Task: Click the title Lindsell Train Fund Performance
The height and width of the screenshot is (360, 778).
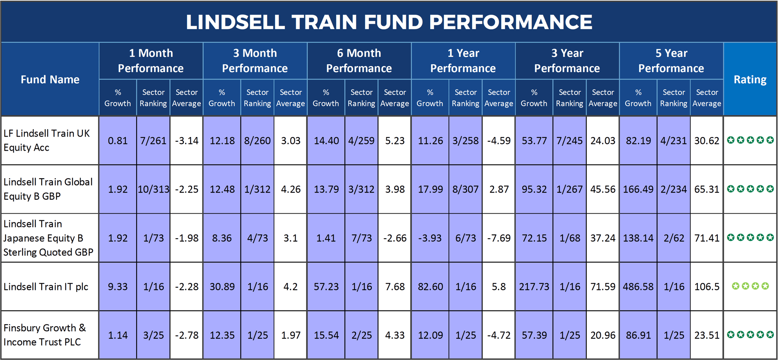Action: [389, 22]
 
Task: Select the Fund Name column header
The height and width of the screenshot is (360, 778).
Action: [50, 79]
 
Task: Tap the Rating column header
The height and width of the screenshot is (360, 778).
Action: [750, 79]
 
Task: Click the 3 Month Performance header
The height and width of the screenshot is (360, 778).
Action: [255, 61]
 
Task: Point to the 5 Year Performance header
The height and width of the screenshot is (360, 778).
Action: [671, 61]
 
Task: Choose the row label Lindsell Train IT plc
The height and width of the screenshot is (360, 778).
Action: [46, 287]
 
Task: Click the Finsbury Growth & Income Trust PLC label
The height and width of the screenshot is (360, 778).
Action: [44, 335]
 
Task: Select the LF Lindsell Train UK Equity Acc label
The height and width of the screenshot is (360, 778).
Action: [46, 140]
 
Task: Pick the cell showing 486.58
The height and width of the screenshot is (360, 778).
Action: [638, 287]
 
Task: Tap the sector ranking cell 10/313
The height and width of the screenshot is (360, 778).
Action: [154, 190]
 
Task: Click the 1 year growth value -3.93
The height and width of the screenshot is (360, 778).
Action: [429, 238]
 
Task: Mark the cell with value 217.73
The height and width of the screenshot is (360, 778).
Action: [534, 287]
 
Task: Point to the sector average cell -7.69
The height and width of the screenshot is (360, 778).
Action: [499, 238]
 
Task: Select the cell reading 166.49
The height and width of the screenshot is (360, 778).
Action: [638, 190]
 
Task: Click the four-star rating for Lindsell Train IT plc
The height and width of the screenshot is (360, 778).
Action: [750, 286]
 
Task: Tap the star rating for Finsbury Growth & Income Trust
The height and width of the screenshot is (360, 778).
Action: [750, 335]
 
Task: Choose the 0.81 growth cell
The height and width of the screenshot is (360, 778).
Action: [117, 141]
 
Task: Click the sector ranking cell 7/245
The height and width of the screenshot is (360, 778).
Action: [569, 141]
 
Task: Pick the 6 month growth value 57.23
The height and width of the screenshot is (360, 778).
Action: [326, 287]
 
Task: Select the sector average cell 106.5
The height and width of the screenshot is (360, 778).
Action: [707, 287]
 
